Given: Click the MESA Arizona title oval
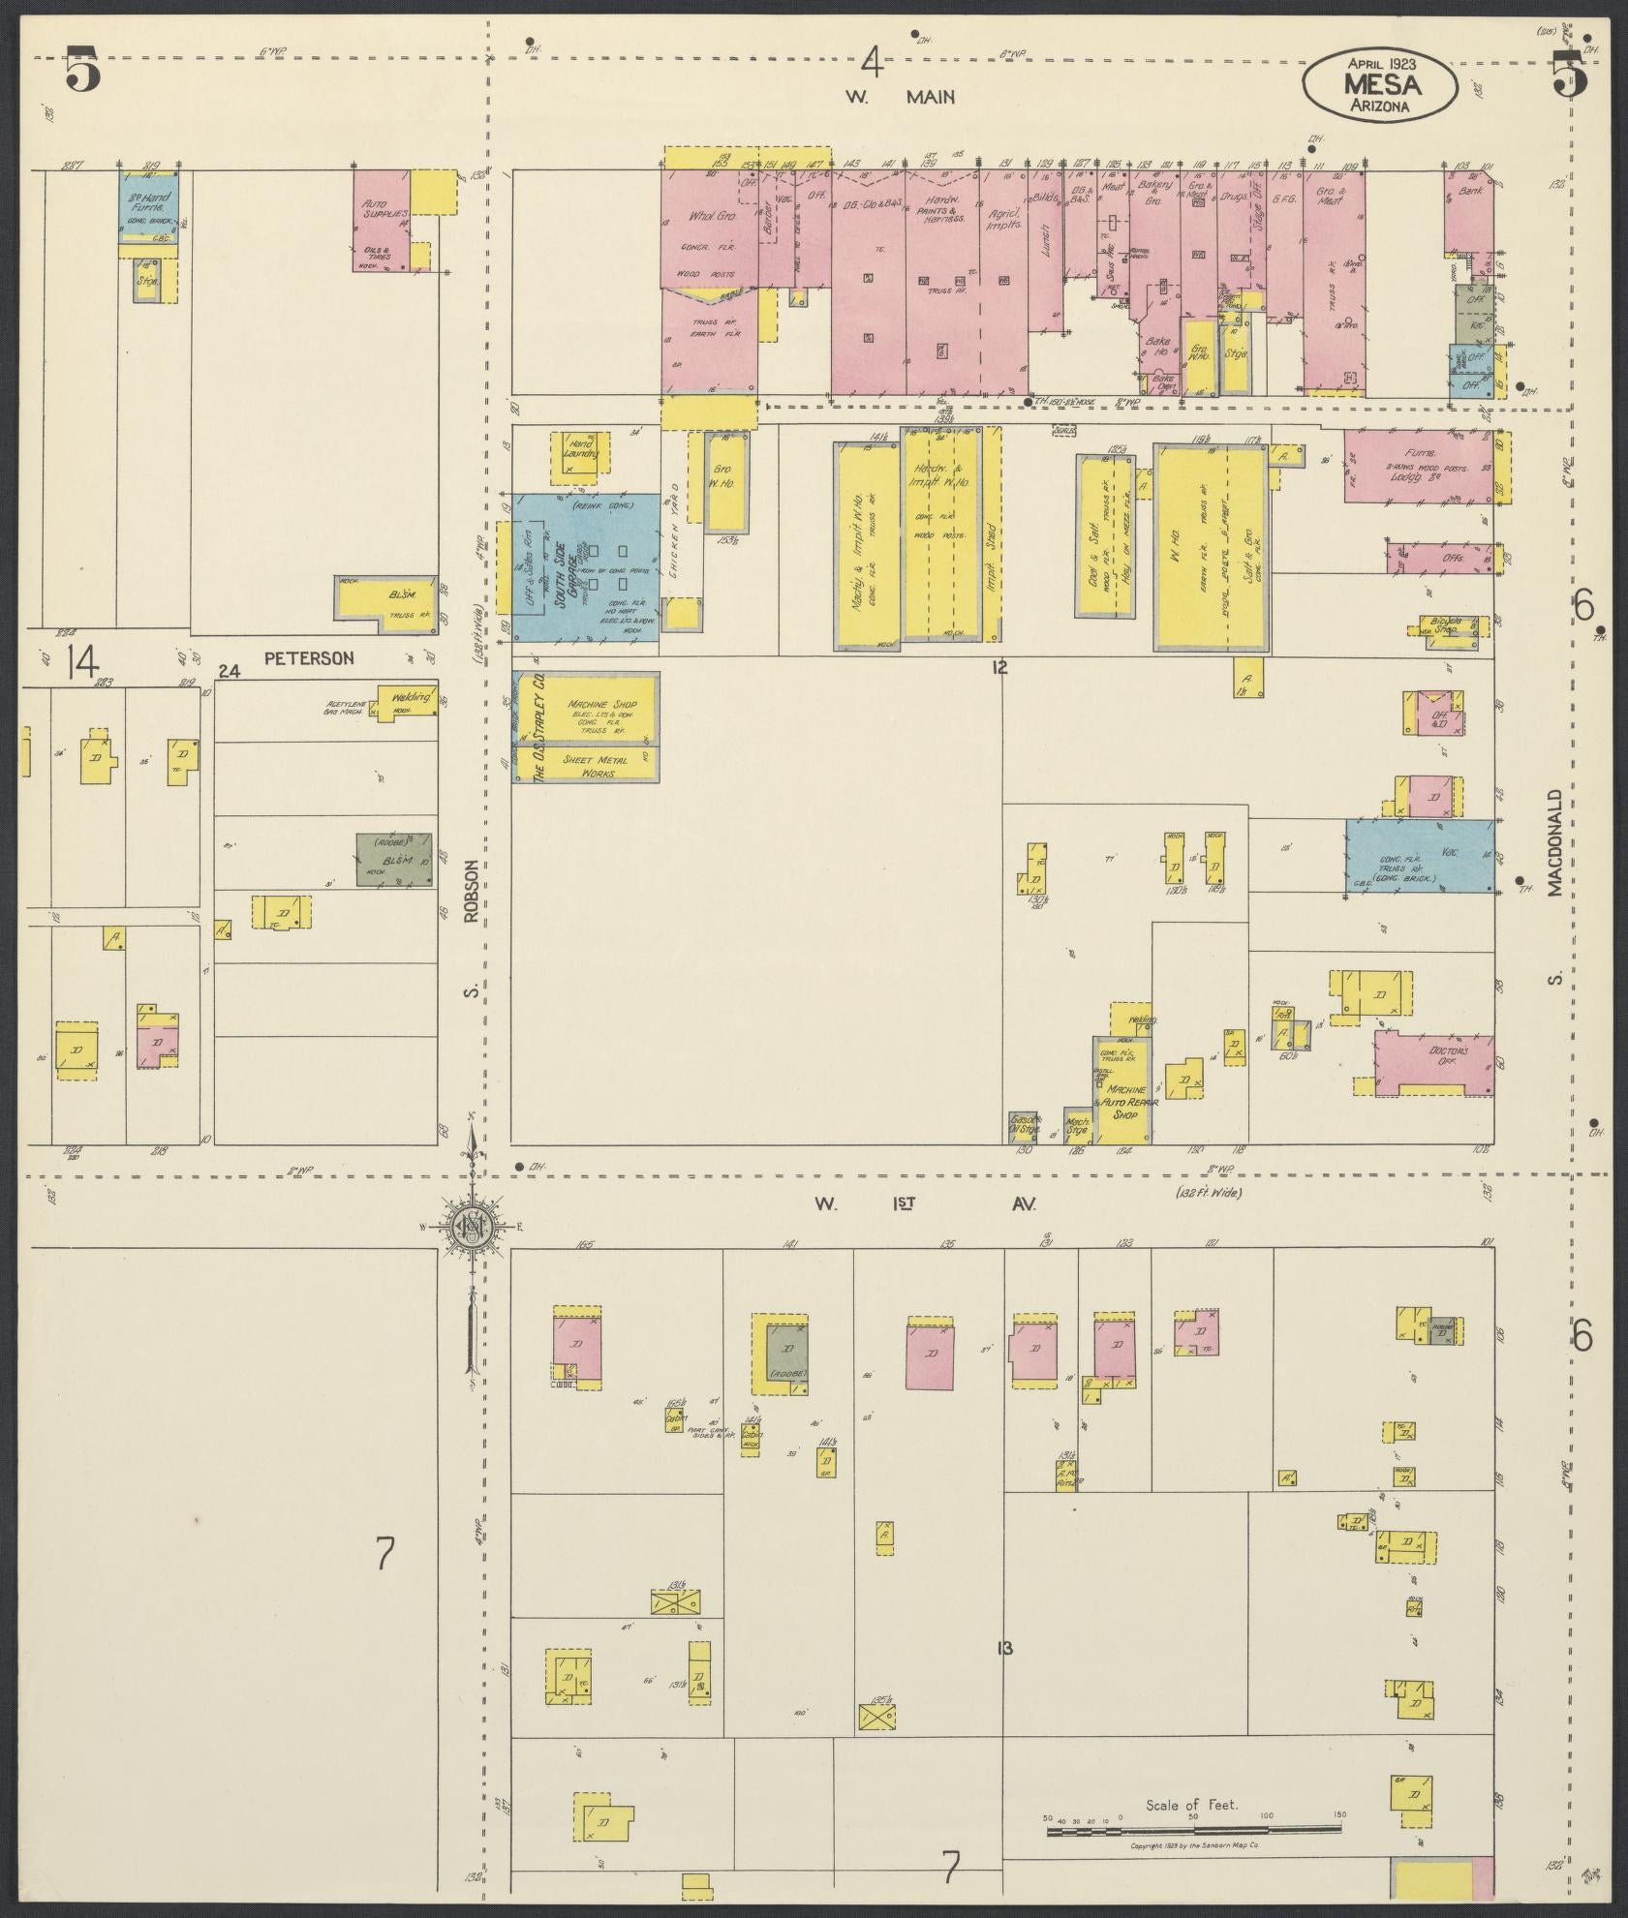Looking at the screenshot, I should click(x=1379, y=84).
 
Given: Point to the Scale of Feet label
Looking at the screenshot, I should click(x=1191, y=1804).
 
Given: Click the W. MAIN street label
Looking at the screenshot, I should click(x=901, y=97).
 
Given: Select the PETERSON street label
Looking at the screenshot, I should click(x=309, y=658).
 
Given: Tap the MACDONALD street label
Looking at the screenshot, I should click(x=1555, y=842).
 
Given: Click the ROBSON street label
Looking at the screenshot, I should click(x=472, y=894).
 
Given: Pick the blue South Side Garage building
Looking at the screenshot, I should click(x=586, y=567).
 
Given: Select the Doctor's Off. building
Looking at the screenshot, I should click(x=1433, y=1060).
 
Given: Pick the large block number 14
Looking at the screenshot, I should click(x=82, y=663).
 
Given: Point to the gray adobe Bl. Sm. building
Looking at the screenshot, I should click(x=393, y=859).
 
